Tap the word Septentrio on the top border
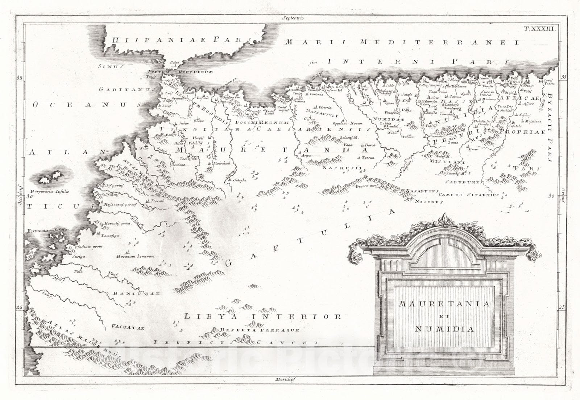(293, 17)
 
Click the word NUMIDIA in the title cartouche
(444, 329)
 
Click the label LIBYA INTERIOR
(262, 317)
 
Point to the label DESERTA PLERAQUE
(260, 330)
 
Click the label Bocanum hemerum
(136, 256)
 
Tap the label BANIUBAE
(136, 293)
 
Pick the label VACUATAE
(128, 328)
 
